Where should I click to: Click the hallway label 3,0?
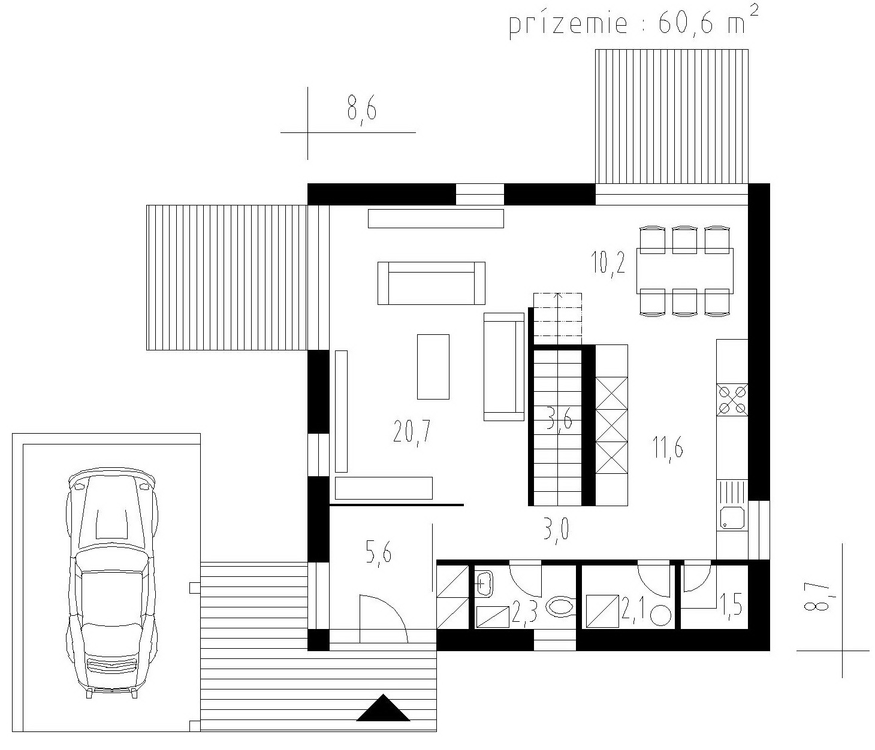pos(556,531)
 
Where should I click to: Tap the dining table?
pos(685,271)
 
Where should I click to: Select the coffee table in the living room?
pos(433,367)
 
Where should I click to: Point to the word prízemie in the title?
pos(568,24)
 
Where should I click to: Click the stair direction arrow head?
pos(557,295)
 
